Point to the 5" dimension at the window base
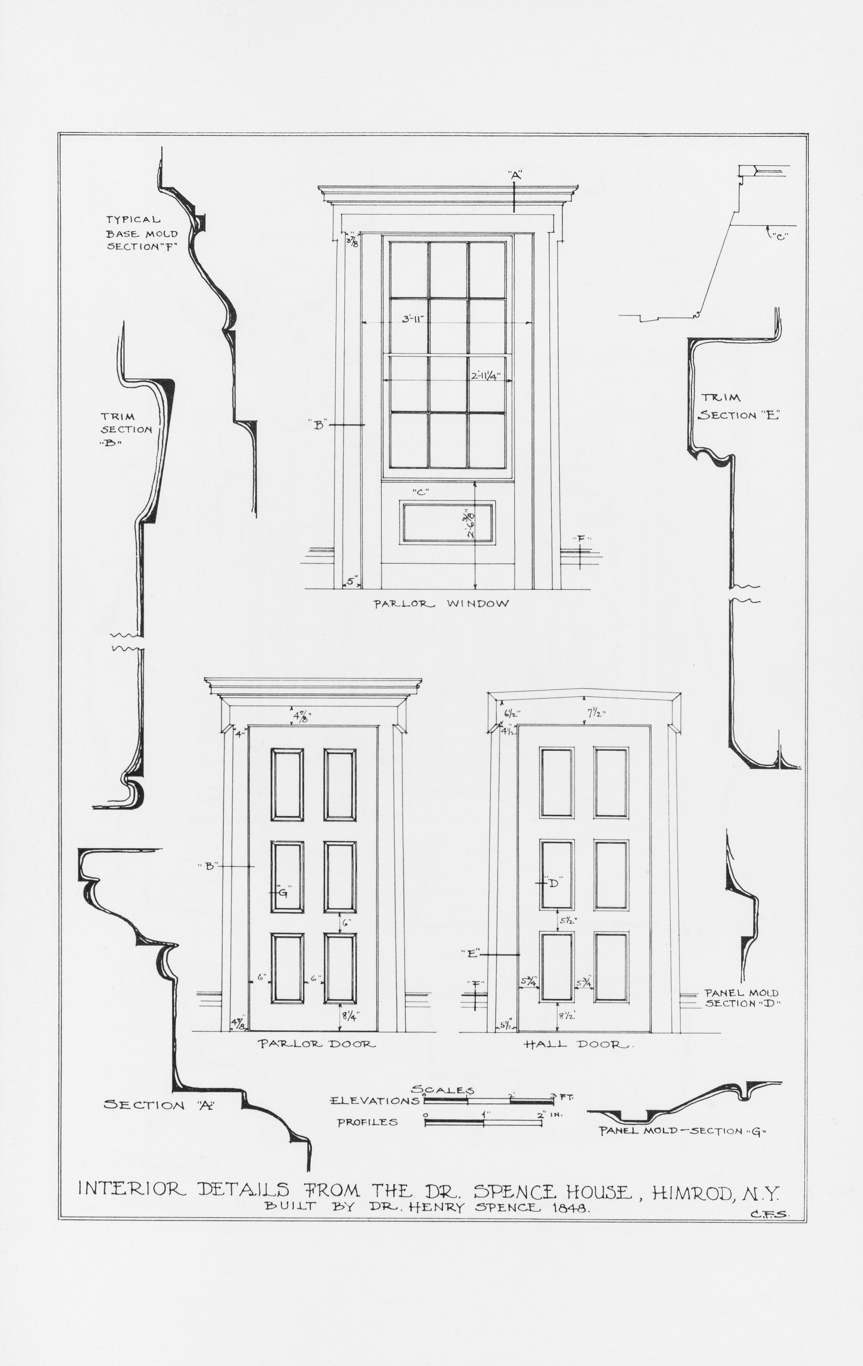(352, 581)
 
